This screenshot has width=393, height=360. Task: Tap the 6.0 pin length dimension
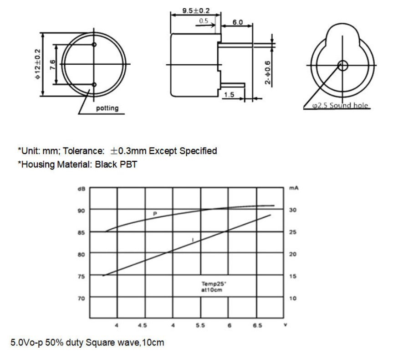point(237,22)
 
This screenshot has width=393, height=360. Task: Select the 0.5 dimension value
point(204,21)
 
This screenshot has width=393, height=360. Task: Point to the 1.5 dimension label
point(230,95)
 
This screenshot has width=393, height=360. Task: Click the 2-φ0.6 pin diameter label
point(268,73)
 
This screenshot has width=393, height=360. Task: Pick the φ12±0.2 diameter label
point(37,64)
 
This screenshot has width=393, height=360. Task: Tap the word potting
point(107,108)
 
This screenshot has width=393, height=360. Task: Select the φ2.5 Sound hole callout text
point(340,106)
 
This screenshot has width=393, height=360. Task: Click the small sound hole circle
point(342,65)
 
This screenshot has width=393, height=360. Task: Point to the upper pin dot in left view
point(94,45)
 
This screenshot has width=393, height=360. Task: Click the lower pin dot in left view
point(94,84)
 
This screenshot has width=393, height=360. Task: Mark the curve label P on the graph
point(155,213)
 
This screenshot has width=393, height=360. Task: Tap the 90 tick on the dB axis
point(81,210)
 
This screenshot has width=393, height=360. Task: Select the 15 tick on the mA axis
point(293,276)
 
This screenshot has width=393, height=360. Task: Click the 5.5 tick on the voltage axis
point(200,325)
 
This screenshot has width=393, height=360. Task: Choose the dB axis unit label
point(81,189)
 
